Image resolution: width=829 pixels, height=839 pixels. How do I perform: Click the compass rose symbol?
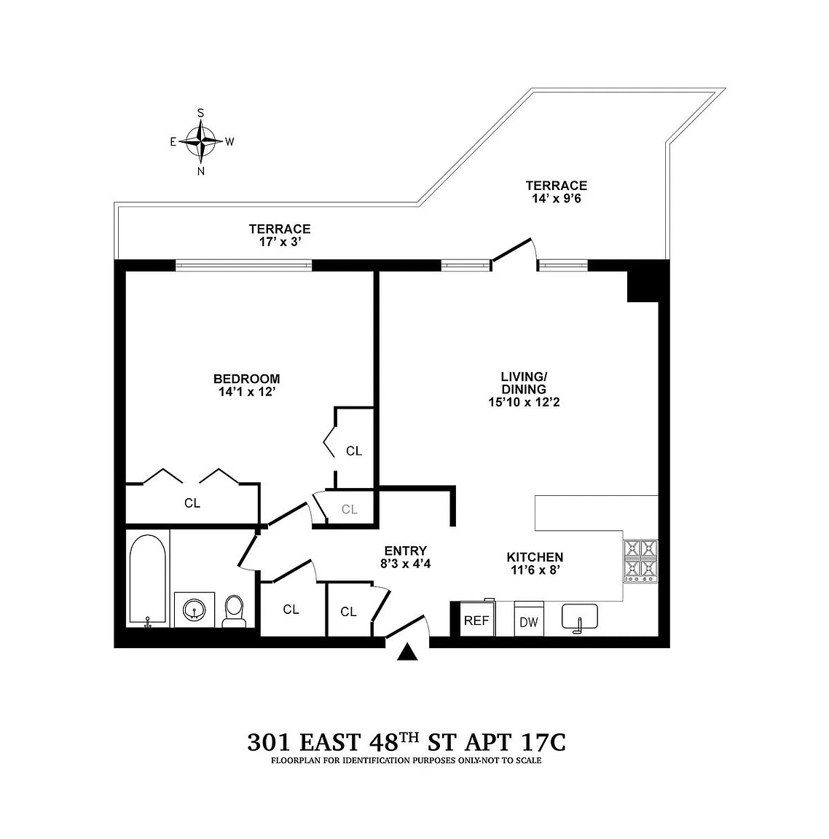click(201, 142)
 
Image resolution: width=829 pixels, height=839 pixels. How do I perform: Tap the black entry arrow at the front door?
click(407, 653)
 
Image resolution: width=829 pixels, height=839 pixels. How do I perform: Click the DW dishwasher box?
click(529, 619)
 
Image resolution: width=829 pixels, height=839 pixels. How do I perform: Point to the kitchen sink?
click(580, 617)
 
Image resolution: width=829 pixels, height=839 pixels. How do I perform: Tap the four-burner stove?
click(640, 561)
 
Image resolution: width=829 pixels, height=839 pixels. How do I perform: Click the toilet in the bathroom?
click(234, 612)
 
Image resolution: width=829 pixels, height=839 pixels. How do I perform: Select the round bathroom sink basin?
click(195, 609)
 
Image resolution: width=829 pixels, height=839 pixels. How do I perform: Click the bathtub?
click(148, 580)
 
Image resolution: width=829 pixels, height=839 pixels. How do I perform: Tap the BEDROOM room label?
click(247, 379)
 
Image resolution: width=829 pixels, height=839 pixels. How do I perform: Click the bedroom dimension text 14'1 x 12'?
click(247, 392)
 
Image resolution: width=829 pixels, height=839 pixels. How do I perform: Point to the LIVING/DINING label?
click(524, 382)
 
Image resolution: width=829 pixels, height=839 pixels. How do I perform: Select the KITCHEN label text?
click(535, 557)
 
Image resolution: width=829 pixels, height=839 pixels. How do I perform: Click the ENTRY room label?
click(406, 551)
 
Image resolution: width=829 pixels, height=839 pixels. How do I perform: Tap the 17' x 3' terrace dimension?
click(280, 242)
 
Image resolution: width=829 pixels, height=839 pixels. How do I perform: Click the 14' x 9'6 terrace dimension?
click(557, 199)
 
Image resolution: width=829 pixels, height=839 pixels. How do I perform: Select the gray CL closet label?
click(350, 509)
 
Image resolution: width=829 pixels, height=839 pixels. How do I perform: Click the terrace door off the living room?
click(514, 251)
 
